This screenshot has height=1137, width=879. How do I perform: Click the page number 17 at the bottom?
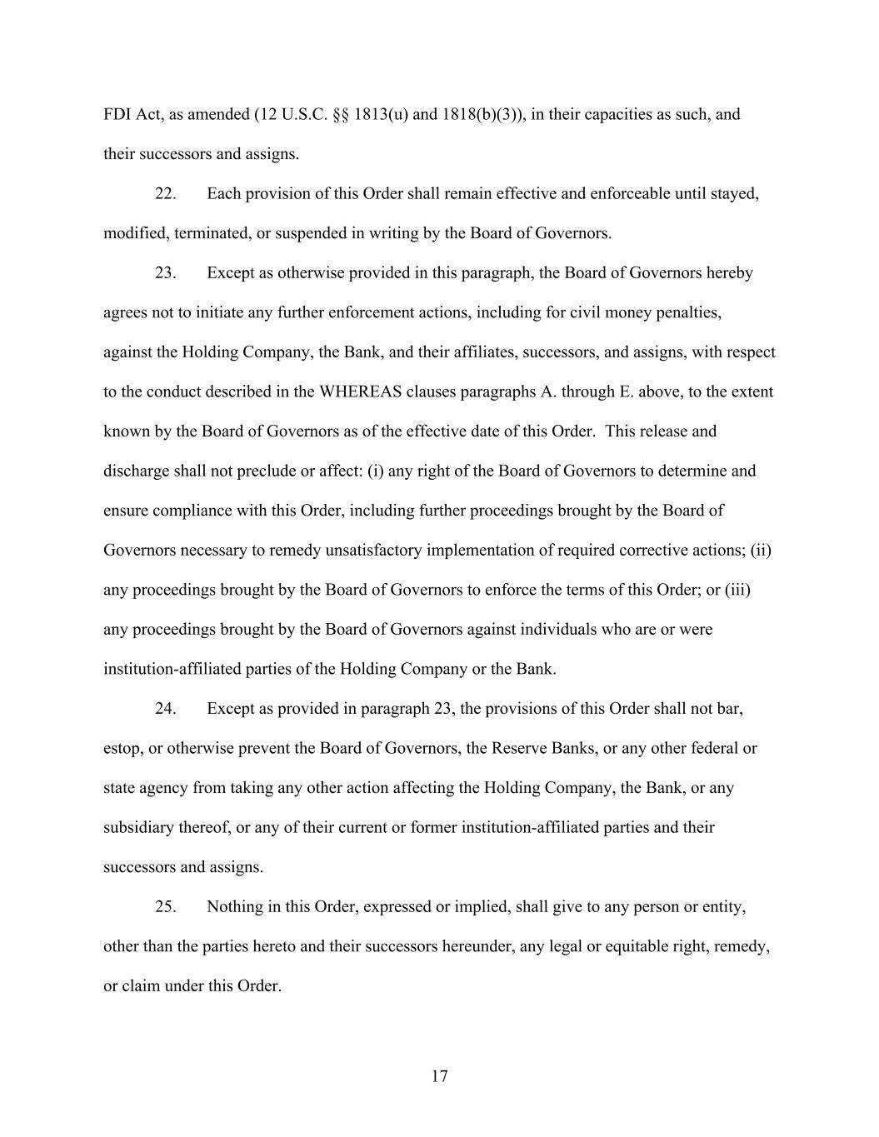440,1076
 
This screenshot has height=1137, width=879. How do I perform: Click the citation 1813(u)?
381,115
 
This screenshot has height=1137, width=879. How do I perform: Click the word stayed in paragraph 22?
735,194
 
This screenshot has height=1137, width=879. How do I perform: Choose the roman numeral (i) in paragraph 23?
375,471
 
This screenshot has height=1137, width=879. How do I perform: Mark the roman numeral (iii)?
737,590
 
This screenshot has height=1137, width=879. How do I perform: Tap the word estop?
121,749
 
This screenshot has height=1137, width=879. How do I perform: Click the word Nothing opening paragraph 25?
234,906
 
